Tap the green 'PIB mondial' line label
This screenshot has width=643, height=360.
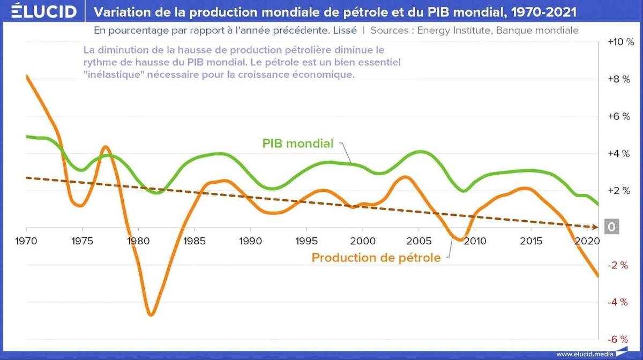297,144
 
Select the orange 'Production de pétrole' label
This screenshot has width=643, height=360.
376,258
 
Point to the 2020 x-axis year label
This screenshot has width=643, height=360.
586,241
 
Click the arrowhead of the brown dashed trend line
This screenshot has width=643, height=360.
600,227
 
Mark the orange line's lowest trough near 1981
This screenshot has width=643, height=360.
151,314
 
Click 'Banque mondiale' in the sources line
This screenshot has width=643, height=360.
537,30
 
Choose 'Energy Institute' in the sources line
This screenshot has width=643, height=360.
453,30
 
